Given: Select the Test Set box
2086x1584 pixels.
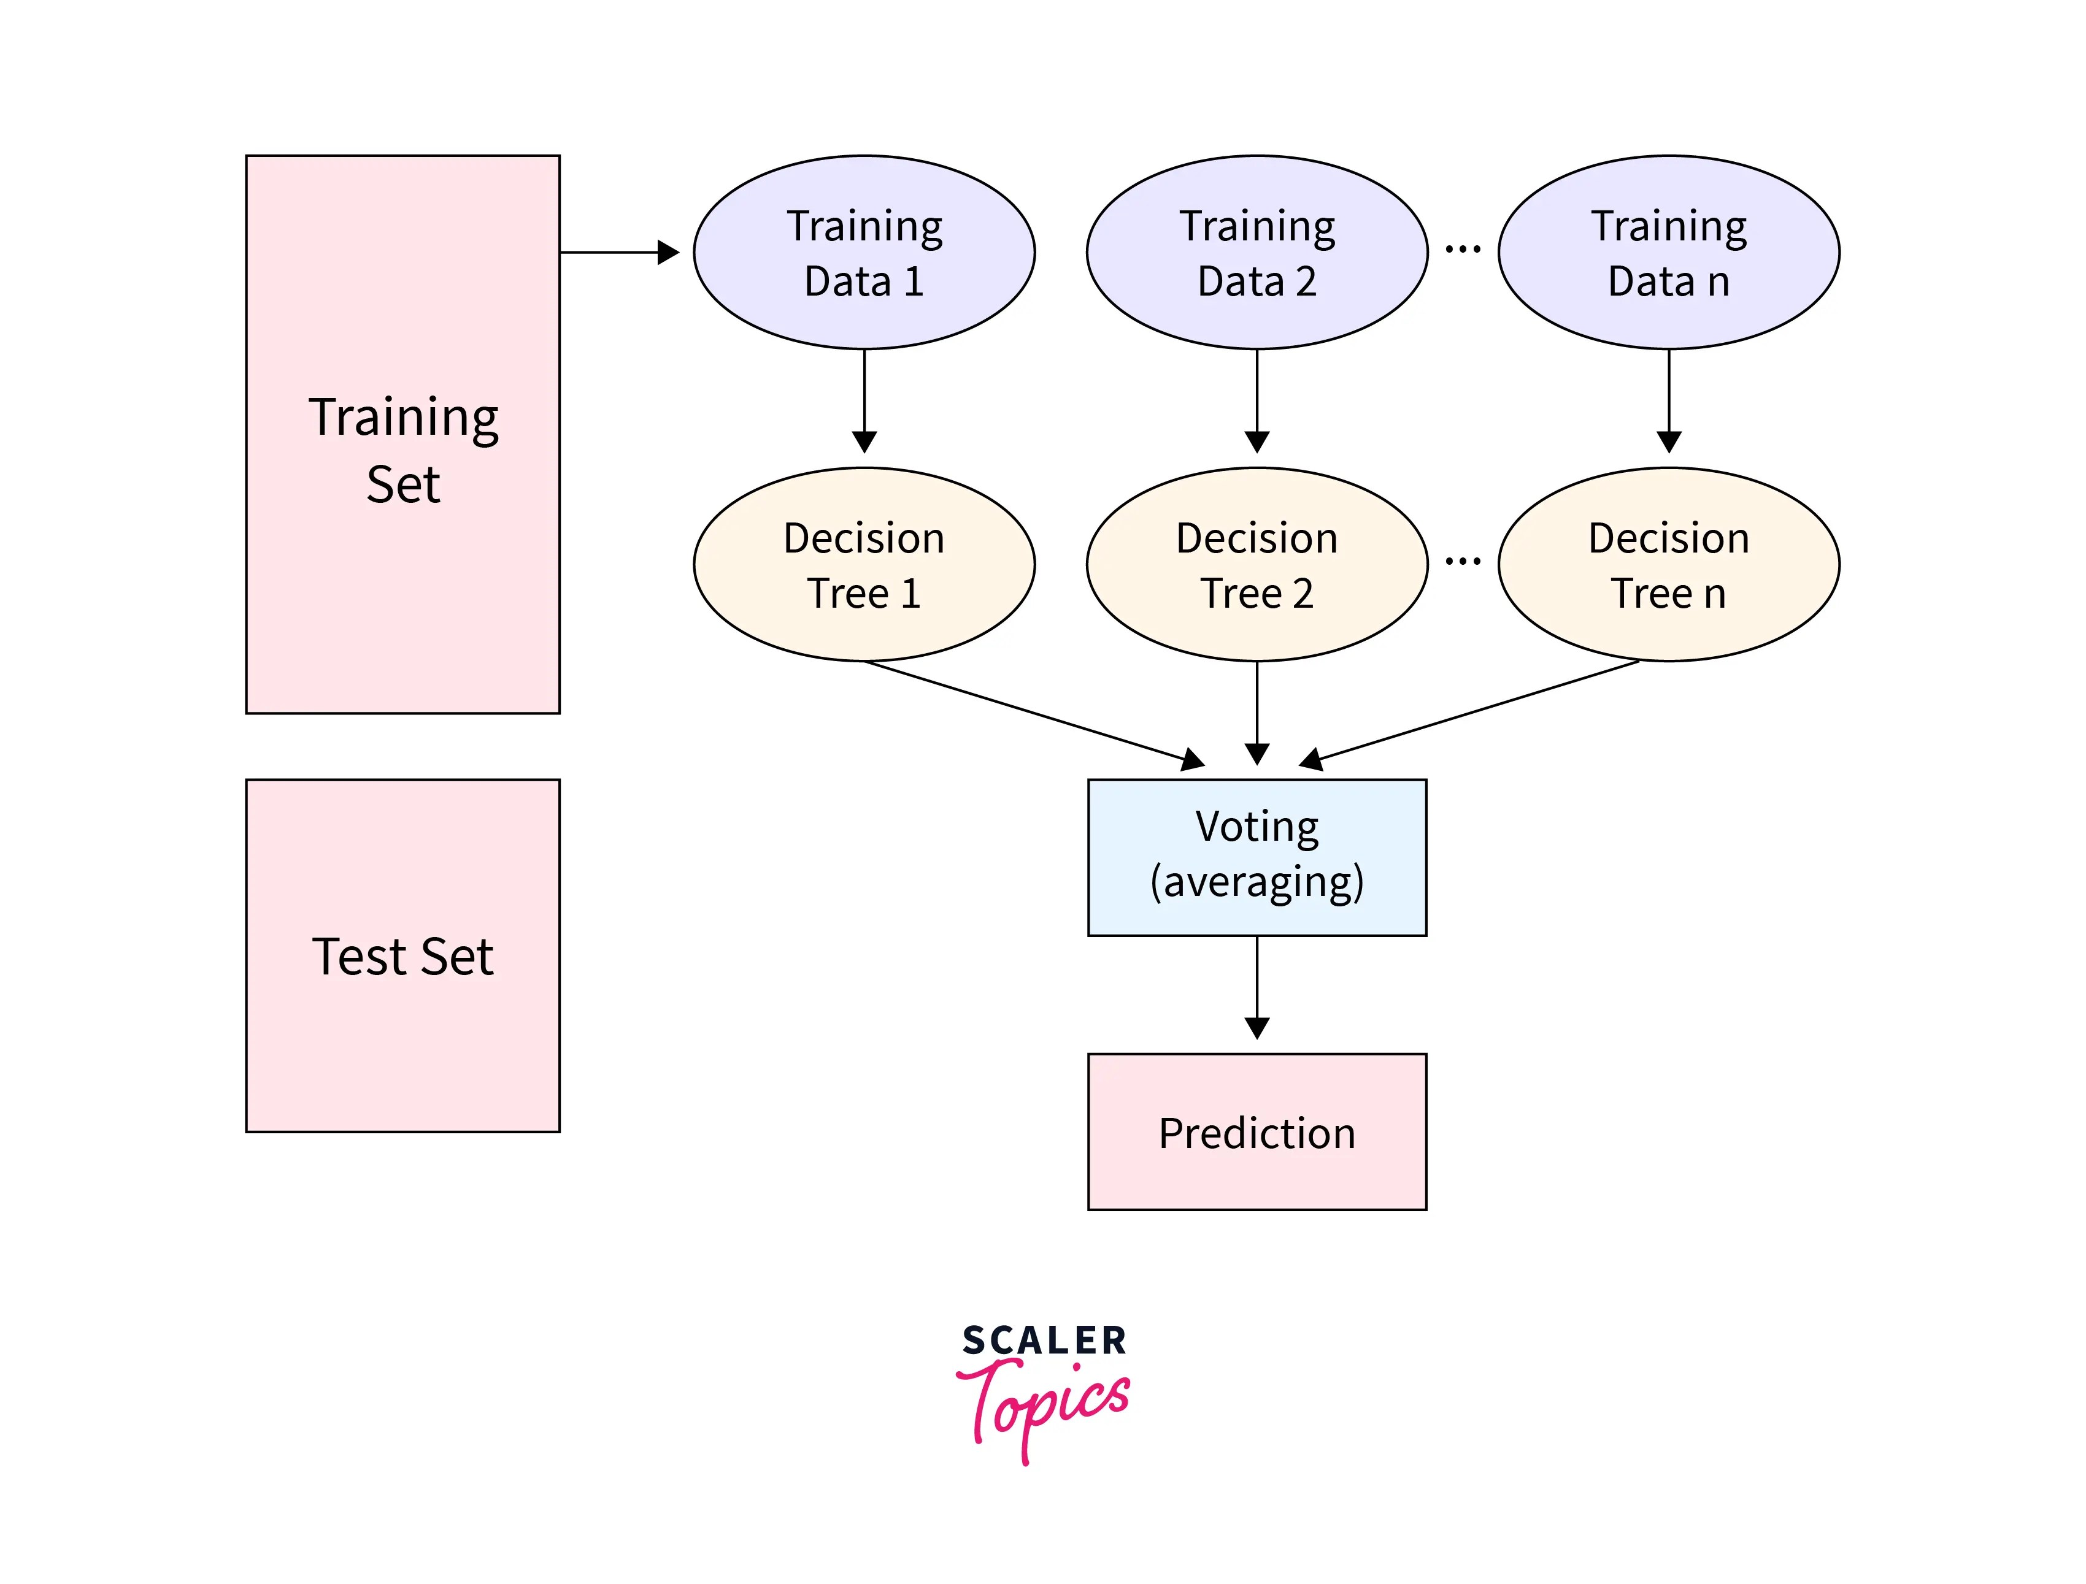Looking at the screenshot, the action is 402,955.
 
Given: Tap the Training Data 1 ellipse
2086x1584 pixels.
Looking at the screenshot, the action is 864,253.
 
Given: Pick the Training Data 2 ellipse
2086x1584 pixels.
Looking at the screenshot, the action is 1257,253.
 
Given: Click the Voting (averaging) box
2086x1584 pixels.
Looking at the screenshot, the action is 1257,857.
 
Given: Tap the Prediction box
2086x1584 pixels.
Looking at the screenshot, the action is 1257,1131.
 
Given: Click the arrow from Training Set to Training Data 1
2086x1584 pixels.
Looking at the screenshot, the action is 620,253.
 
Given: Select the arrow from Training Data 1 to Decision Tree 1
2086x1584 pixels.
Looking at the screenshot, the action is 864,400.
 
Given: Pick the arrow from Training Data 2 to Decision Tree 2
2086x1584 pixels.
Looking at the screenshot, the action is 1257,400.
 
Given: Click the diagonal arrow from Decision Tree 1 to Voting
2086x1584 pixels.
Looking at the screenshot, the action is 1034,714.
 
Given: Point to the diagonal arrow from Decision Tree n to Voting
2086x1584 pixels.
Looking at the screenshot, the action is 1469,714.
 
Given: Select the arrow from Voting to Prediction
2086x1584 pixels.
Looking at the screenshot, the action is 1257,987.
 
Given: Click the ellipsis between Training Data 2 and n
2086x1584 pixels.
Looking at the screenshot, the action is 1463,250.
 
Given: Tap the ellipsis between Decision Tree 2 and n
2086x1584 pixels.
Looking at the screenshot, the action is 1463,562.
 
